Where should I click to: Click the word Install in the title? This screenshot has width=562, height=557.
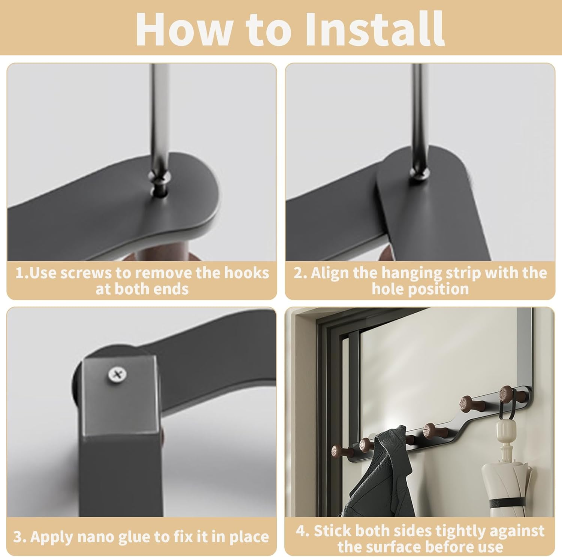pos(375,29)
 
